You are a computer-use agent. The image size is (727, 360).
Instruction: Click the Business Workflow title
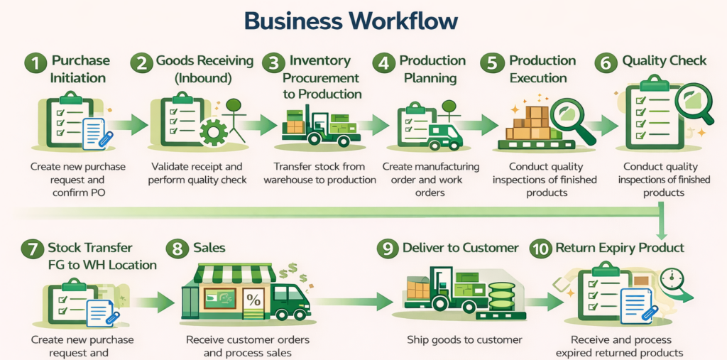tap(351, 21)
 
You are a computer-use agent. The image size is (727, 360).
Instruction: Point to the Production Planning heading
tap(432, 69)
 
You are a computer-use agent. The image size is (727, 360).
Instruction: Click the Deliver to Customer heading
tap(460, 248)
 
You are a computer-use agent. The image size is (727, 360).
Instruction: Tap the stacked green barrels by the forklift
tap(502, 297)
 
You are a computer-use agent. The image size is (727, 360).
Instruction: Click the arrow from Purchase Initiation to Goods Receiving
tap(126, 126)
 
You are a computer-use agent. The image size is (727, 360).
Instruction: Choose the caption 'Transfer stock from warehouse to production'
tap(319, 173)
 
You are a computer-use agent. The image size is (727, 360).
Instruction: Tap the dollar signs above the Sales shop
tap(293, 273)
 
